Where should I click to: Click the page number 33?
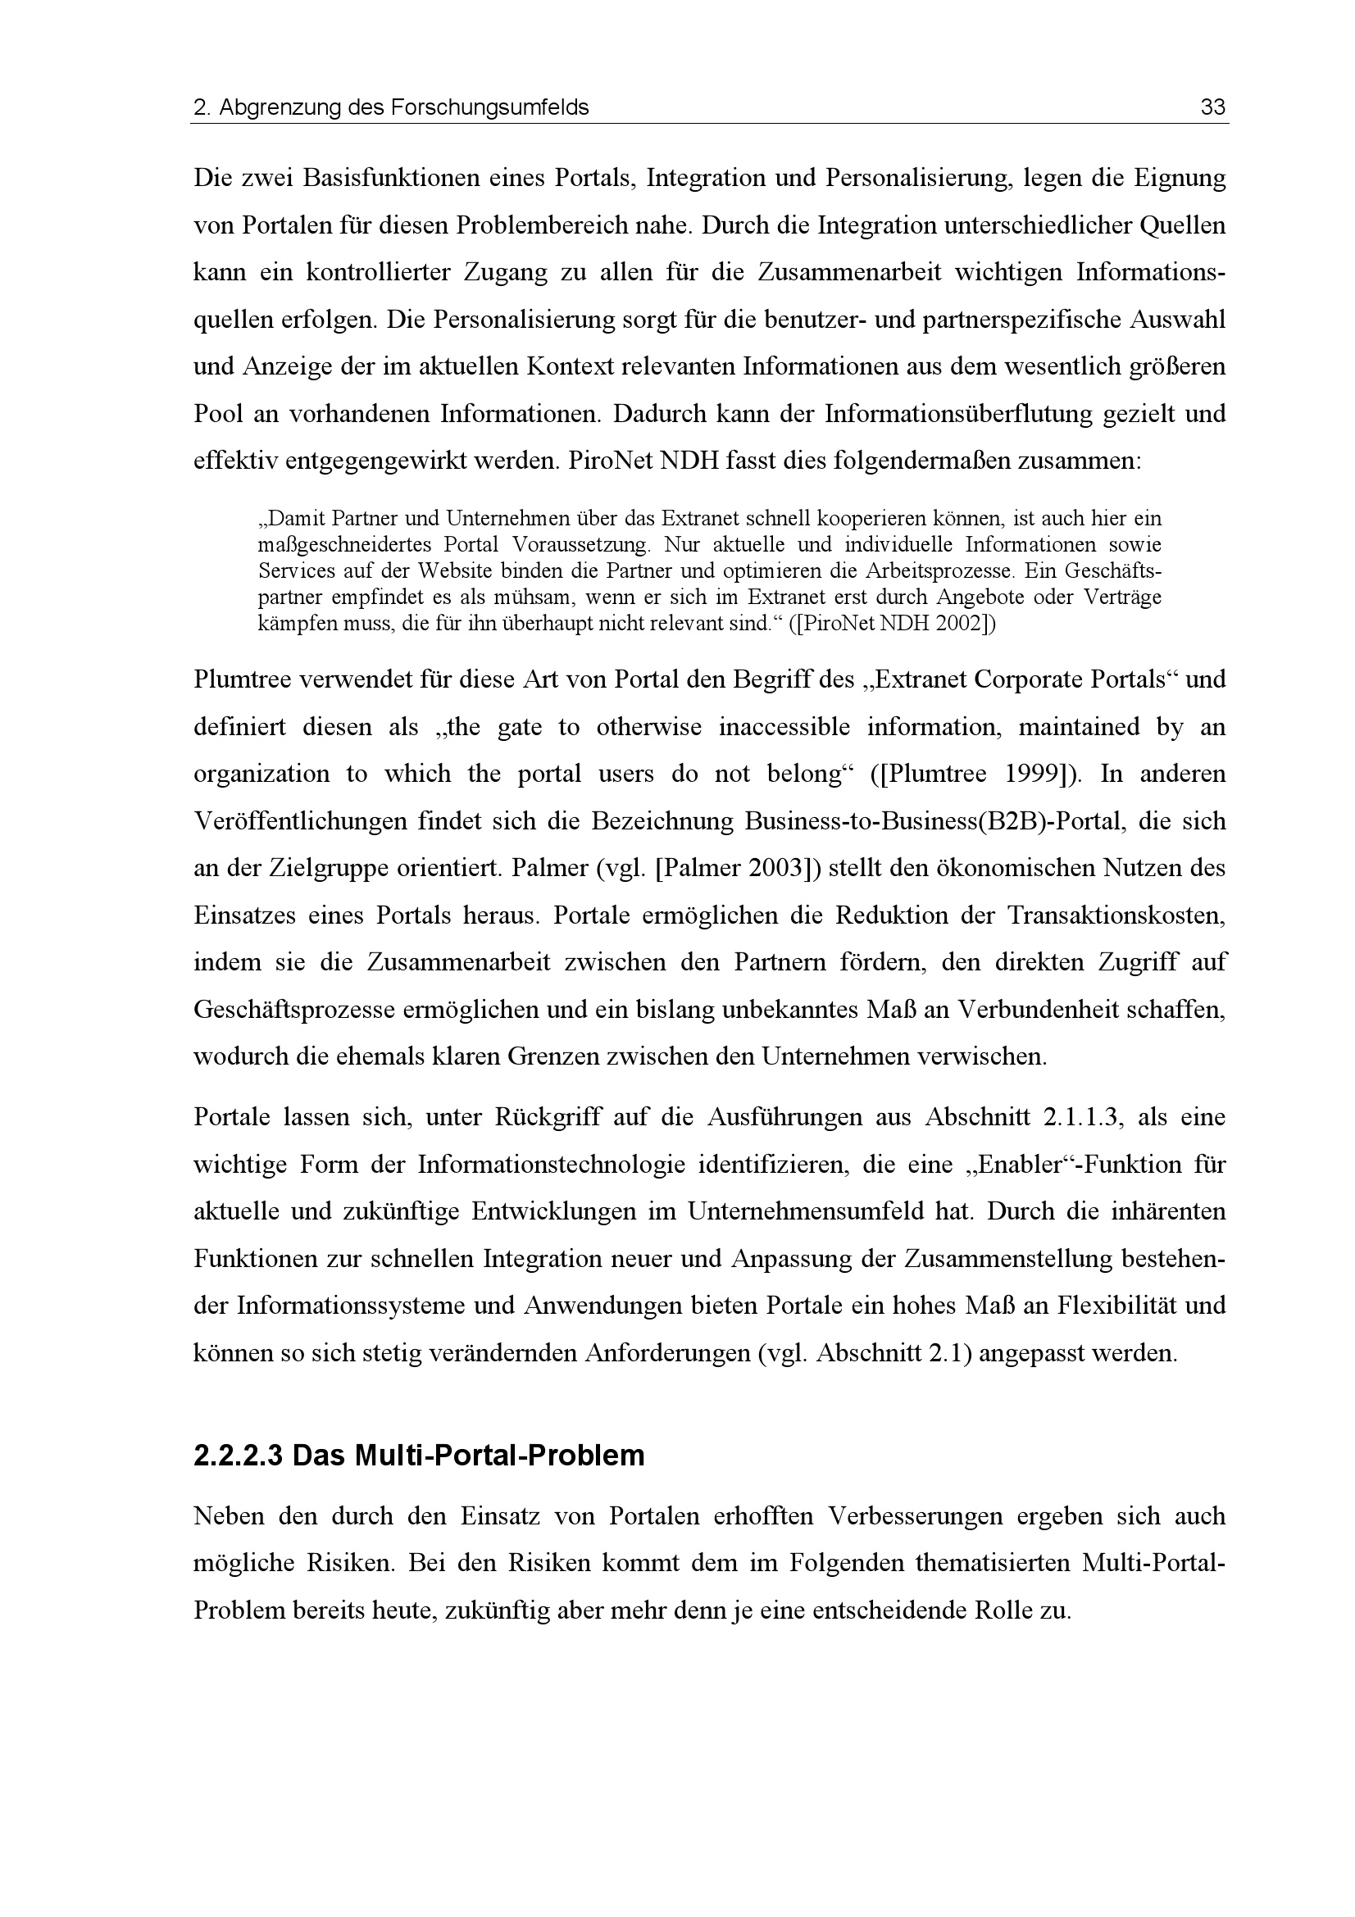tap(1212, 107)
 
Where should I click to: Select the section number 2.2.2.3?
tap(238, 1456)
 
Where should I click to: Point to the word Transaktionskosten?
tap(1116, 916)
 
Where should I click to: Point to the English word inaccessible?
tap(784, 727)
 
